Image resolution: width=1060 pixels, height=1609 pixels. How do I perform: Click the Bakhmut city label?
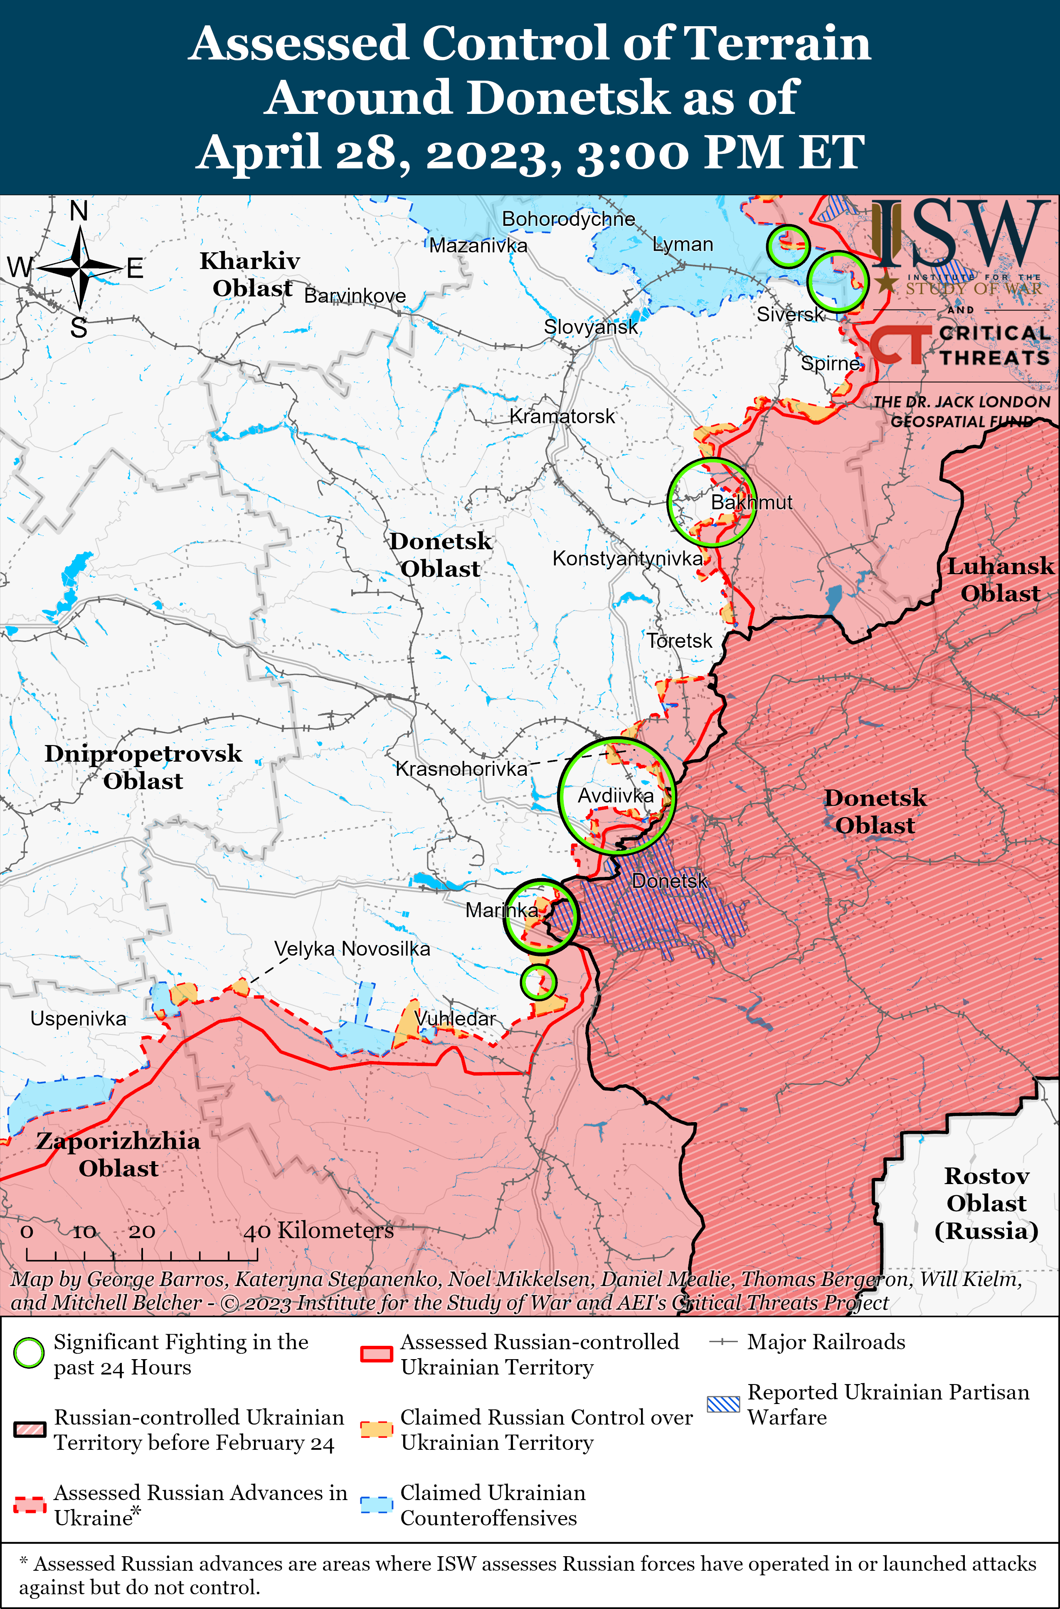pos(751,502)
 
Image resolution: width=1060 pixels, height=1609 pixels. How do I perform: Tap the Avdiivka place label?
pos(615,796)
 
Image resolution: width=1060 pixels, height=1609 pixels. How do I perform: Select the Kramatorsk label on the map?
pos(562,417)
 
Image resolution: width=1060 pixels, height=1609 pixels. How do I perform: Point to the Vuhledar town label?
pos(455,1018)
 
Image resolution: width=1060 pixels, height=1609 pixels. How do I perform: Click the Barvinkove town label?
pos(355,296)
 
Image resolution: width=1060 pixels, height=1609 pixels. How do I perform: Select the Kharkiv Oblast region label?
pos(250,274)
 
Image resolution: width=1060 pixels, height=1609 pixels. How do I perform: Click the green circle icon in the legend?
pos(29,1353)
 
